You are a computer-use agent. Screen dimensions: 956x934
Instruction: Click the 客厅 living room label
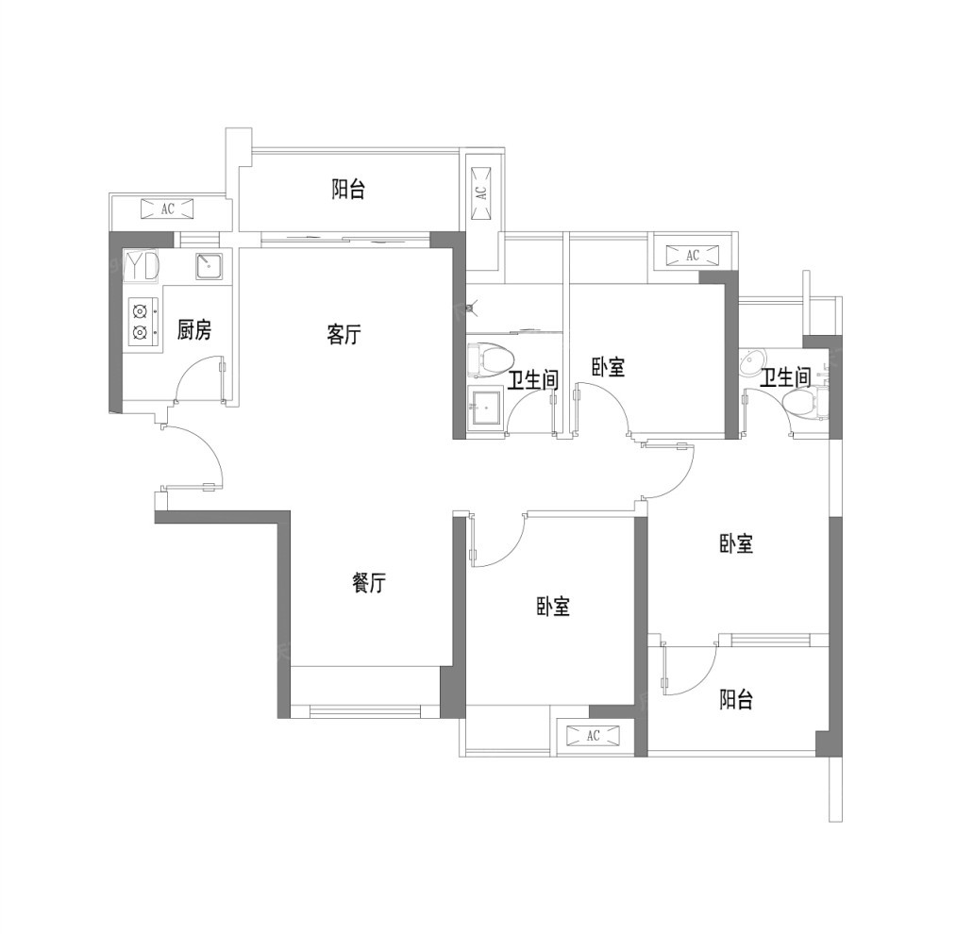(344, 335)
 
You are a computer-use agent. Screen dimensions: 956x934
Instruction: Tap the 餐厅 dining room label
(369, 583)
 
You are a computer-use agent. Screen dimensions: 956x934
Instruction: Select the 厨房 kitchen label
(194, 330)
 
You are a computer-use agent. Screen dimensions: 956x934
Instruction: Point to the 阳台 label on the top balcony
(348, 189)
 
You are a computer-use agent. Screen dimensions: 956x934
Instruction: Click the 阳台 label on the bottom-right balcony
(736, 699)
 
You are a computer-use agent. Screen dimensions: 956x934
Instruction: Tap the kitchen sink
(210, 265)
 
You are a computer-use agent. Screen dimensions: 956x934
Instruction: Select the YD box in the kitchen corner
(142, 266)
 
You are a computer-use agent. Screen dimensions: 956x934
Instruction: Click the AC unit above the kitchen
(167, 209)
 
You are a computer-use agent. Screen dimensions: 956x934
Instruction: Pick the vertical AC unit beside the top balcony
(481, 192)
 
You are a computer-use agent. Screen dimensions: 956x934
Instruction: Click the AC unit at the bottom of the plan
(594, 736)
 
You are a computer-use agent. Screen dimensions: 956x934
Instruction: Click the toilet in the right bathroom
(803, 404)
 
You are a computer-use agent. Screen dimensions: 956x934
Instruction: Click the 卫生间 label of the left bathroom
(533, 380)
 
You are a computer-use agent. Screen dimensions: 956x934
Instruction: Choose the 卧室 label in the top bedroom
(608, 367)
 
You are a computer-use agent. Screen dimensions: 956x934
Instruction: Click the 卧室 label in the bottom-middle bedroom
(553, 607)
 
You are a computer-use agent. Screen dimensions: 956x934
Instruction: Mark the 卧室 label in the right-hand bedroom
(736, 543)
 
